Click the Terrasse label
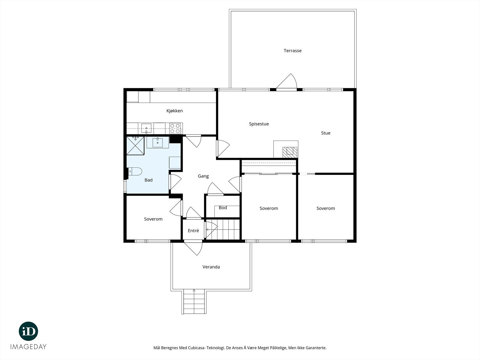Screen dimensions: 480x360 [x=292, y=51]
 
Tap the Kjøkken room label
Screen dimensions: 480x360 [x=175, y=111]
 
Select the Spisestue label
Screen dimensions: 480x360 [x=259, y=124]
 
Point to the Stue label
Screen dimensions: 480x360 [x=325, y=133]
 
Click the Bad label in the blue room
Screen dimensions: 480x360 [x=148, y=180]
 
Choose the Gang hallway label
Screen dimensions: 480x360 [x=203, y=176]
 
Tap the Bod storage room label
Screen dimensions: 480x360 [x=223, y=208]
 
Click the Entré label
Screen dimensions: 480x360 [x=193, y=231]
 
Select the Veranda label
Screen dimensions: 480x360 [x=211, y=267]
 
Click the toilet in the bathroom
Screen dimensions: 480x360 [x=135, y=172]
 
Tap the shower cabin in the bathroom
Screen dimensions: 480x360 [x=135, y=145]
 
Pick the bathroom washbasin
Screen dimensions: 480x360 [x=157, y=142]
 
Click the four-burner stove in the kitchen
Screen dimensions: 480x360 [x=175, y=128]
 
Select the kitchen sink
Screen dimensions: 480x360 [x=146, y=128]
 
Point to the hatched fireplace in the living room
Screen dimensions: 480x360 [x=290, y=152]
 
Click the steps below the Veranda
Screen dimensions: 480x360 [x=194, y=301]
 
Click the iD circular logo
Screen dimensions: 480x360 [x=28, y=331]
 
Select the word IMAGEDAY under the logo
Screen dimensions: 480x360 [x=28, y=347]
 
